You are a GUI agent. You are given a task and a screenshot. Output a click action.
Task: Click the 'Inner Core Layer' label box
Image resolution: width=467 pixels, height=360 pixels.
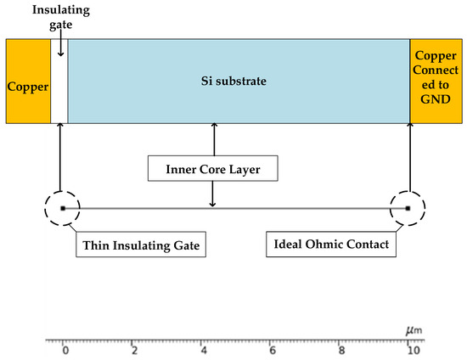[x=212, y=168]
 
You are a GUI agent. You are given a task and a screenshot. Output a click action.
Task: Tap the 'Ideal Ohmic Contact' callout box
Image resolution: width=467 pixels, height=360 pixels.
[x=332, y=245]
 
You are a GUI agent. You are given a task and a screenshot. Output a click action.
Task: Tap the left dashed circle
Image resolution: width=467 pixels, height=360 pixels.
[x=62, y=207]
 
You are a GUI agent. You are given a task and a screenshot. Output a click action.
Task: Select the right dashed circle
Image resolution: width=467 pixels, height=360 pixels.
[x=408, y=207]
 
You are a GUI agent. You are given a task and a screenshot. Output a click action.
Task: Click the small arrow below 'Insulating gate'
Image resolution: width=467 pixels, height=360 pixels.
[x=59, y=48]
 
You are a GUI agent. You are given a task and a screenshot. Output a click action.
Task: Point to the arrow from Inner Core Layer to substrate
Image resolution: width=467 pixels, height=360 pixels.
[x=212, y=138]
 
